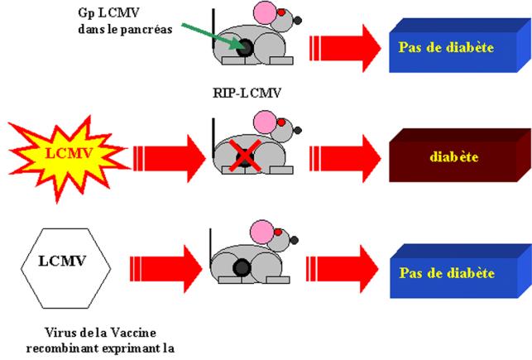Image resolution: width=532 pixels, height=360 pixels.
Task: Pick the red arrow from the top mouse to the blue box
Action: coord(343,45)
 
